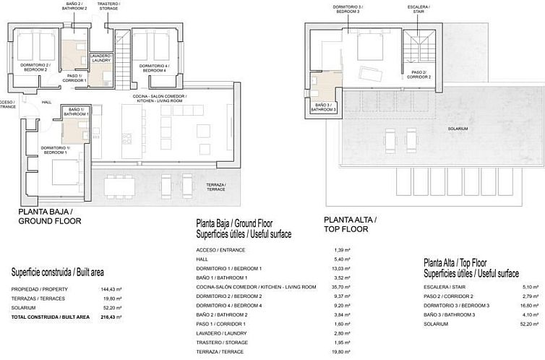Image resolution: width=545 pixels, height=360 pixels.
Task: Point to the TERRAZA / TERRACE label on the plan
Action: click(215, 186)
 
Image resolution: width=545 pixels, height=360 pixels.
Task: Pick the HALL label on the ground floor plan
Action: click(46, 102)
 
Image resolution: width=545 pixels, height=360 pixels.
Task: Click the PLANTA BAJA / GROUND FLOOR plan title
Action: click(49, 216)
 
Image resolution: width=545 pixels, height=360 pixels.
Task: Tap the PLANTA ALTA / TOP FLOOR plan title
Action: click(350, 223)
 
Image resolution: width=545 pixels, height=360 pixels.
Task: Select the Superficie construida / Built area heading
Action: click(57, 273)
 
